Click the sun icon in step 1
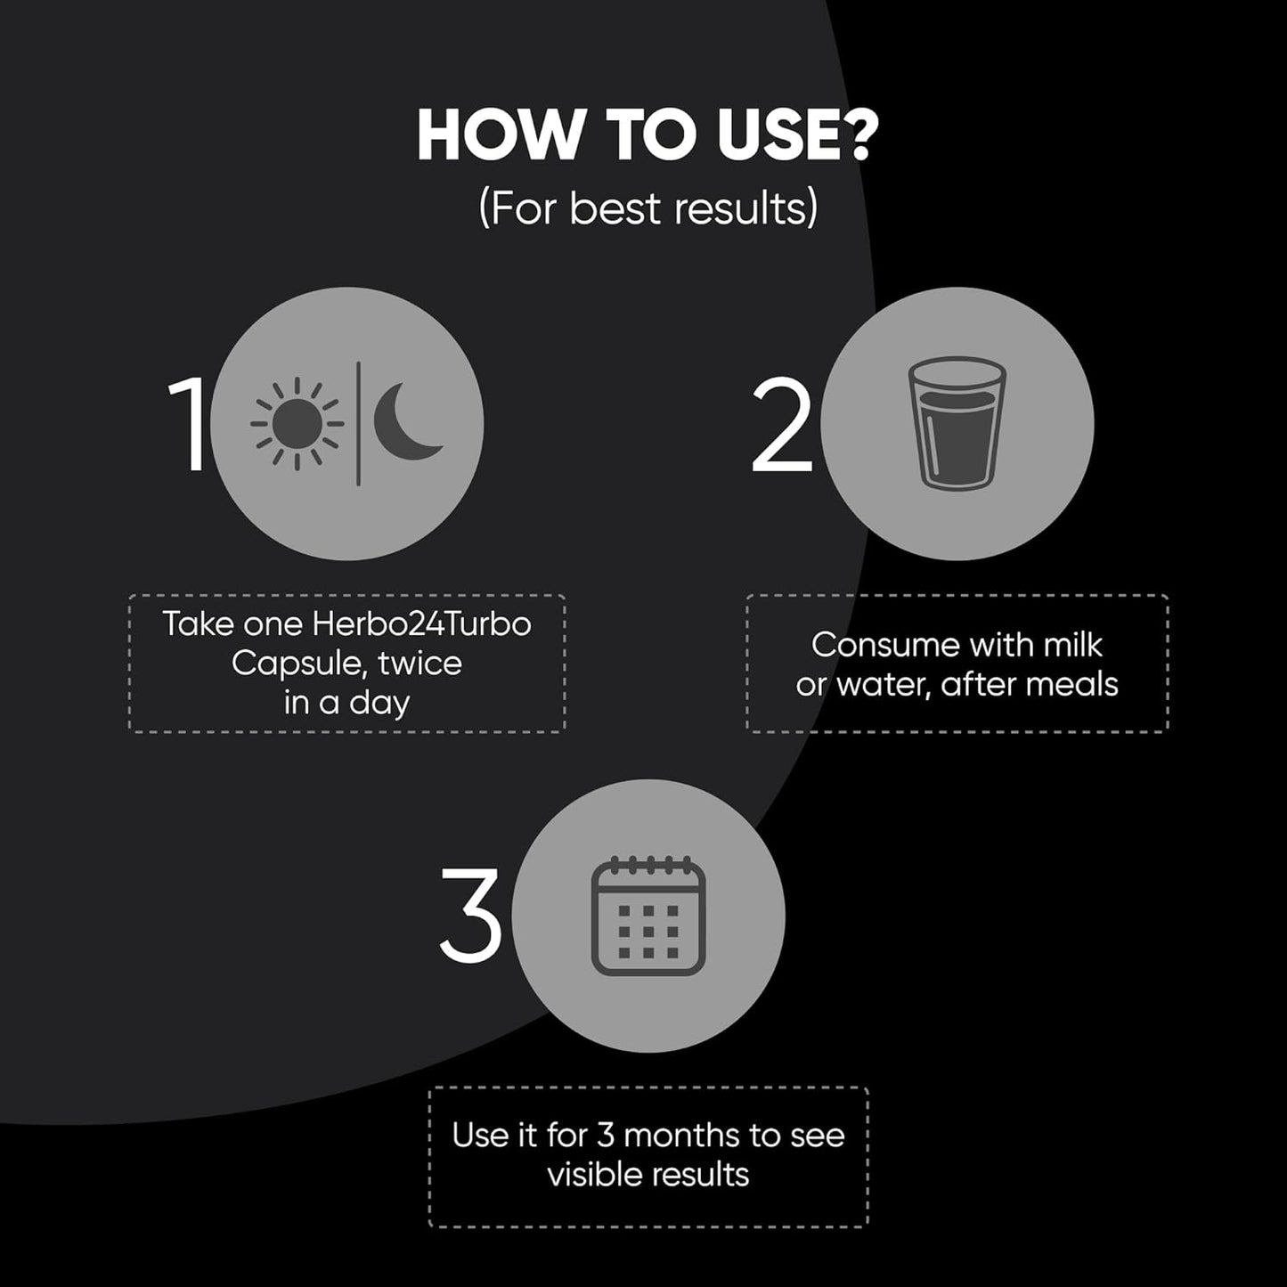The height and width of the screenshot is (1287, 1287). point(297,423)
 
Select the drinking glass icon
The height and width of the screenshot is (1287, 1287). point(957,423)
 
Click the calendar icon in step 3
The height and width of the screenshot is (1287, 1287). point(648,915)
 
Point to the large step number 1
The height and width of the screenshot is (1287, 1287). point(189,423)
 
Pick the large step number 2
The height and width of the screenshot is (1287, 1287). point(782,424)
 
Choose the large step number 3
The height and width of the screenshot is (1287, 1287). point(471,916)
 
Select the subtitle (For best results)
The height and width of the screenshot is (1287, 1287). point(648,208)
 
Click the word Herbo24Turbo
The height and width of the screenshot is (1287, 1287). point(421,624)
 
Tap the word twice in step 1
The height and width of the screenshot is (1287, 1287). point(420,664)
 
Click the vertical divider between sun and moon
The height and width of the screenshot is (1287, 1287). point(359,423)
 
